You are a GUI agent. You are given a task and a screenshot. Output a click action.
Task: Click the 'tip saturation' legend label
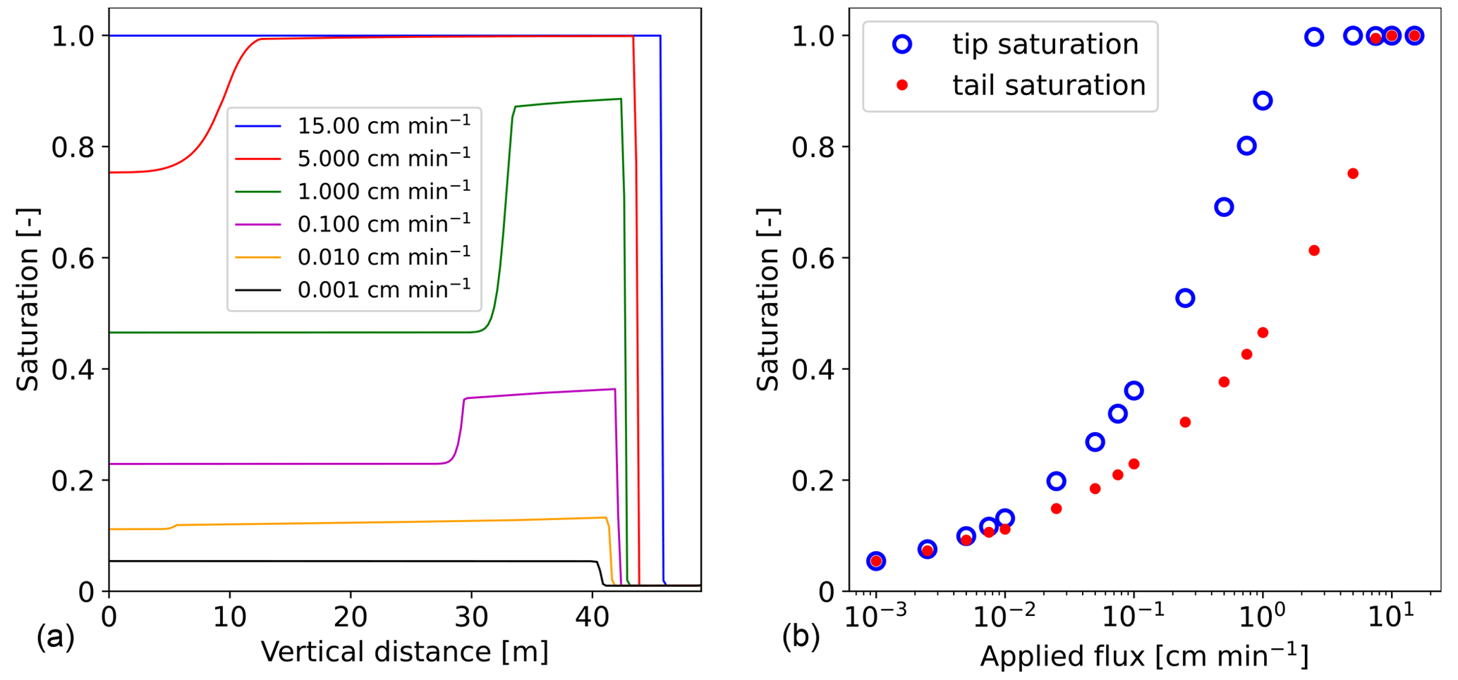coord(1045,44)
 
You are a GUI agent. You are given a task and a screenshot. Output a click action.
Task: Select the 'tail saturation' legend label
coord(1048,85)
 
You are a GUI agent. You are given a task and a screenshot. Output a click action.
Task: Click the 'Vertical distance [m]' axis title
coord(404,652)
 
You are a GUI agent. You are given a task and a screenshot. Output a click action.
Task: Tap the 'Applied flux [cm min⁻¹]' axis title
coord(1144,655)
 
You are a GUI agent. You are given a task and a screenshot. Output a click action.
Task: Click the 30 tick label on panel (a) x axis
coord(471,617)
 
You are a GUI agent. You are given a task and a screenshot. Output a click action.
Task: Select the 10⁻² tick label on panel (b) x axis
coord(1004,617)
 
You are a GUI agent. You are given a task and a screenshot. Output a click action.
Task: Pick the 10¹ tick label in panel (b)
coord(1391,617)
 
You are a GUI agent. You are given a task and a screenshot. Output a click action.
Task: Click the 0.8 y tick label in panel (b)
coord(813,147)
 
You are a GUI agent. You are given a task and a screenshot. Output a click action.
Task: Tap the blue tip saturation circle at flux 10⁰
coord(1263,101)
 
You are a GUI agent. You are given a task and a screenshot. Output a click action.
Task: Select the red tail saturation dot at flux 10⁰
coord(1263,333)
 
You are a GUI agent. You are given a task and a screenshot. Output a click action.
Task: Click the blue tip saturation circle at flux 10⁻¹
coord(1134,390)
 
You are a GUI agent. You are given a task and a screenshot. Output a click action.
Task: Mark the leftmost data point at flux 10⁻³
coord(876,561)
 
